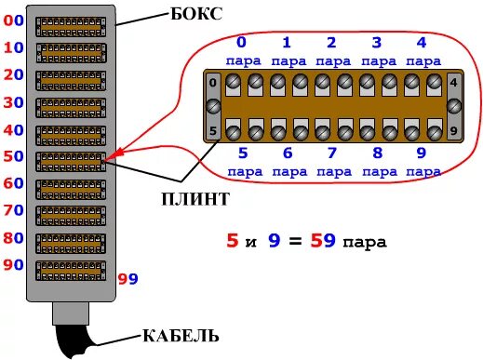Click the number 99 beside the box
128,278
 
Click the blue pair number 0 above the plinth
242,42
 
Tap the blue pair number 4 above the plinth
421,42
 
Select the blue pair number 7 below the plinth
332,153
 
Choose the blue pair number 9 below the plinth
421,153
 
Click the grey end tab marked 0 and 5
212,106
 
